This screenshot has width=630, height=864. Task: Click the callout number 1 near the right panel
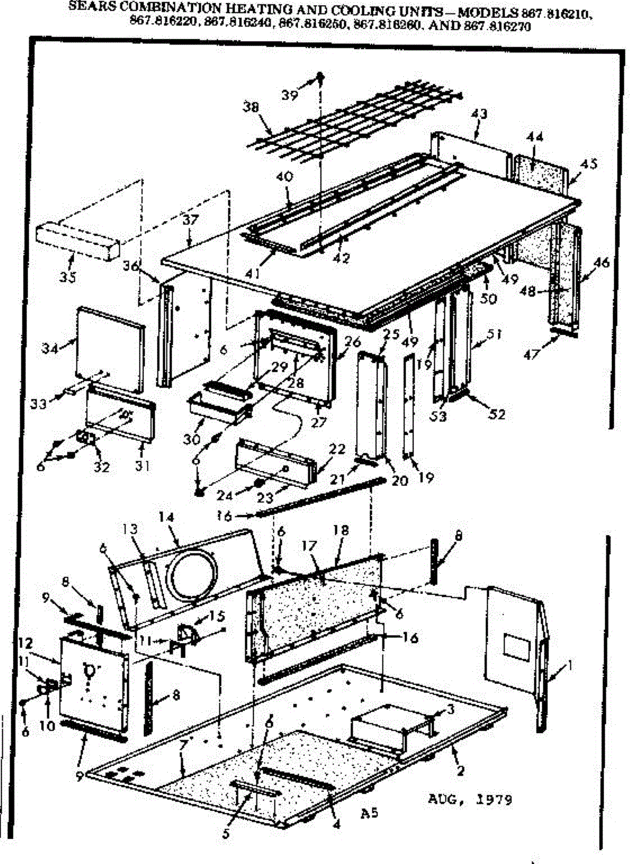coord(570,667)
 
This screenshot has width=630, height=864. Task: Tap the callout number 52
coord(496,414)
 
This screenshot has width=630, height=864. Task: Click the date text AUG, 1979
coord(470,800)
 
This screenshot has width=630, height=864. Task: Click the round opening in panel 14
coord(191,575)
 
